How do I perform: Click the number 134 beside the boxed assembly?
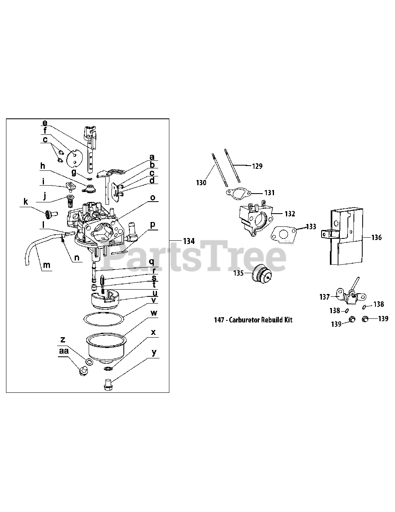coord(189,241)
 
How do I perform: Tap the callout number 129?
coord(257,166)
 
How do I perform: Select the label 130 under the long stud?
coord(201,183)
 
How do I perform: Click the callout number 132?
coord(290,214)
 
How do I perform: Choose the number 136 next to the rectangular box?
coord(376,238)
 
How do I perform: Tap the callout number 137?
coord(325,297)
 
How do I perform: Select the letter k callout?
coord(26,202)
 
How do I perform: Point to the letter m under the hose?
coord(47,265)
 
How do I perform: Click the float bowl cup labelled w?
coord(106,346)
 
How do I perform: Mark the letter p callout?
coord(153,225)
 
